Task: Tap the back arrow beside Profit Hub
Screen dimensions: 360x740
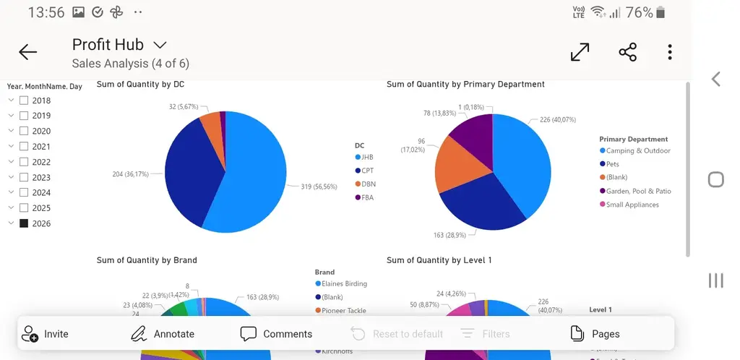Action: click(28, 52)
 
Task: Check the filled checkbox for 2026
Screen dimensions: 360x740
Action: click(24, 223)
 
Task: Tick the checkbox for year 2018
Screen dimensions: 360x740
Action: click(24, 100)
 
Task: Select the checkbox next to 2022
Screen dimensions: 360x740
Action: click(24, 162)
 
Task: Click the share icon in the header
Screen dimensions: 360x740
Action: click(627, 52)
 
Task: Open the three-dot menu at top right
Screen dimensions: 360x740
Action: click(670, 52)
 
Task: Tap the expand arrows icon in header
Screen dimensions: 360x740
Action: click(580, 52)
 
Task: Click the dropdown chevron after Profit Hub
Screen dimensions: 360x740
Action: click(160, 46)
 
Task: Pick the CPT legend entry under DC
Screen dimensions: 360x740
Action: click(367, 171)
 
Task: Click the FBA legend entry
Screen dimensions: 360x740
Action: click(367, 197)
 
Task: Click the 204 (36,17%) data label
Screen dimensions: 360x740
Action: click(130, 174)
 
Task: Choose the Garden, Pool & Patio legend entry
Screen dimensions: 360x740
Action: click(638, 191)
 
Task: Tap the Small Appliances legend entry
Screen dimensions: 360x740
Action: click(632, 205)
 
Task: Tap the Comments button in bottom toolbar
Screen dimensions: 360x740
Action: click(276, 334)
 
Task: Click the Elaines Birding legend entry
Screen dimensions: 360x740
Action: click(343, 283)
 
